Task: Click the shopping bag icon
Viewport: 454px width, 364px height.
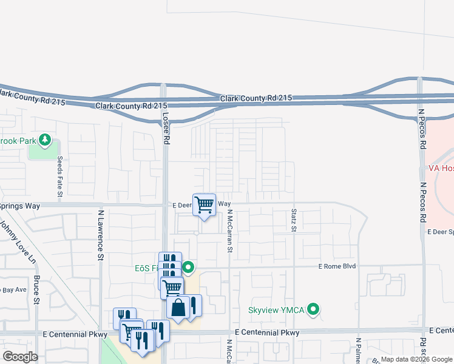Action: [178, 308]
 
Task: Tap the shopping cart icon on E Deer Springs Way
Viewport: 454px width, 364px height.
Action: [205, 204]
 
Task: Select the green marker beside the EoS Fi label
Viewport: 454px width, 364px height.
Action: [189, 267]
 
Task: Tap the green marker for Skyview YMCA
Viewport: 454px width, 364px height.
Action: [313, 310]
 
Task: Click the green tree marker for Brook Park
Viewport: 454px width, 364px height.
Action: [44, 140]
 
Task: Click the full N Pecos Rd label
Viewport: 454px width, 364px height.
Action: [422, 129]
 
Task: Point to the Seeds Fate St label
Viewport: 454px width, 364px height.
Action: [59, 177]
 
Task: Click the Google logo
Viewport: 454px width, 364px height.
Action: [20, 356]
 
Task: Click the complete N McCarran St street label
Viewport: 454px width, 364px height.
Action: [230, 231]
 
